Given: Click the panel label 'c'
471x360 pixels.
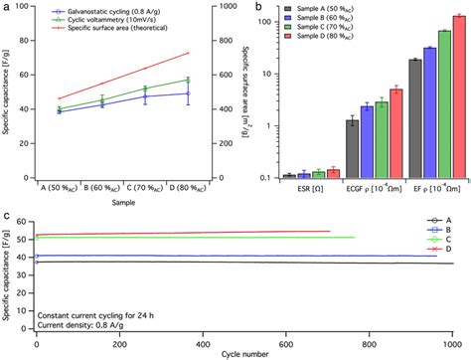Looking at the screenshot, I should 7,213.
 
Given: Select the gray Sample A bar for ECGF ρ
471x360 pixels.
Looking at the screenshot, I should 352,148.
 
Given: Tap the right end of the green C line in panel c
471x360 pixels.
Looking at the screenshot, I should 354,237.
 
